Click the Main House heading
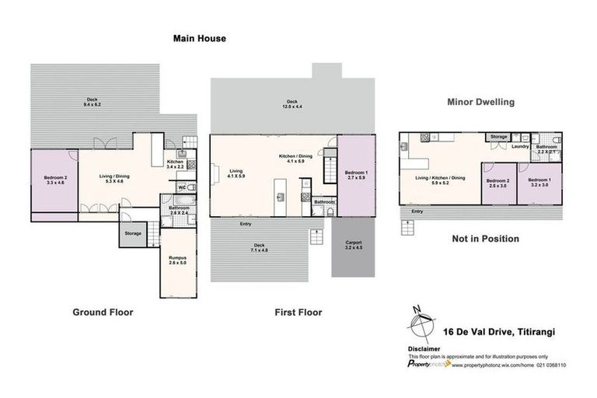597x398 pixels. pos(199,37)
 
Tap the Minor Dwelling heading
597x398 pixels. pos(481,102)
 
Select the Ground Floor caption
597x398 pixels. pos(103,312)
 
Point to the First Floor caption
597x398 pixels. pos(298,312)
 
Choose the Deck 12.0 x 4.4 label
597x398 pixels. pos(292,103)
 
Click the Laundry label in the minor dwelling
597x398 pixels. pos(520,146)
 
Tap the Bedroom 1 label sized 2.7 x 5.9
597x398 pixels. pos(355,175)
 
